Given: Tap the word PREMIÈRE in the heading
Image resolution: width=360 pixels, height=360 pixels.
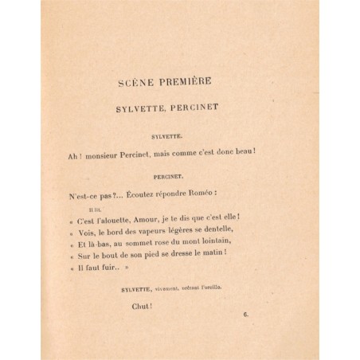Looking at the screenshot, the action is point(198,81).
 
